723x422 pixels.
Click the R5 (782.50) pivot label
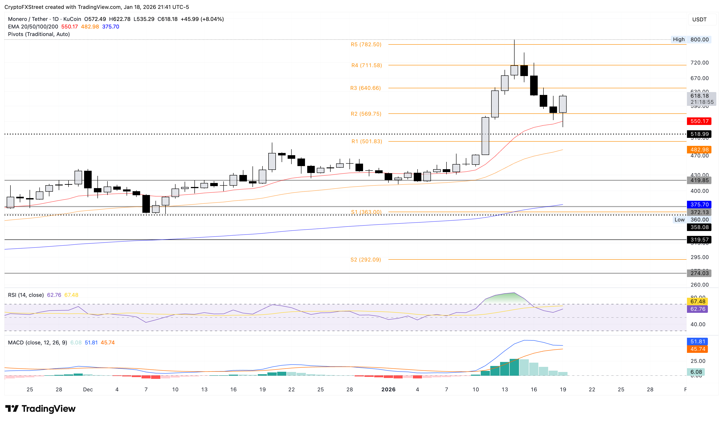(366, 44)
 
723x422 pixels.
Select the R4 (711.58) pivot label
(366, 65)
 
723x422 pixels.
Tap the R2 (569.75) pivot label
(366, 114)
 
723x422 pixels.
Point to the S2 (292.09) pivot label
(366, 259)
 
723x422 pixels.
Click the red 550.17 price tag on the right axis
(699, 121)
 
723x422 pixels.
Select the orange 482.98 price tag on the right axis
(699, 149)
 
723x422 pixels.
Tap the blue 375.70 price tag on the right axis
(699, 204)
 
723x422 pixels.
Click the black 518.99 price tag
(699, 134)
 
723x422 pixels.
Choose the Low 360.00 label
(691, 220)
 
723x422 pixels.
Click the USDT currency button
(699, 20)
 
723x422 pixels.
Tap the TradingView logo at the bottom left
(40, 408)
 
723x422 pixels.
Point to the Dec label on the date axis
(88, 389)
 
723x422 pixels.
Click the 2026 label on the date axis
(388, 389)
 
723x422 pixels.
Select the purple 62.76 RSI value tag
(697, 309)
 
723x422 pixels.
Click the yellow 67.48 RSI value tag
(697, 301)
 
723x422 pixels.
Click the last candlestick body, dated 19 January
(563, 104)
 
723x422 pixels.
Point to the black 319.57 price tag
(699, 240)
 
